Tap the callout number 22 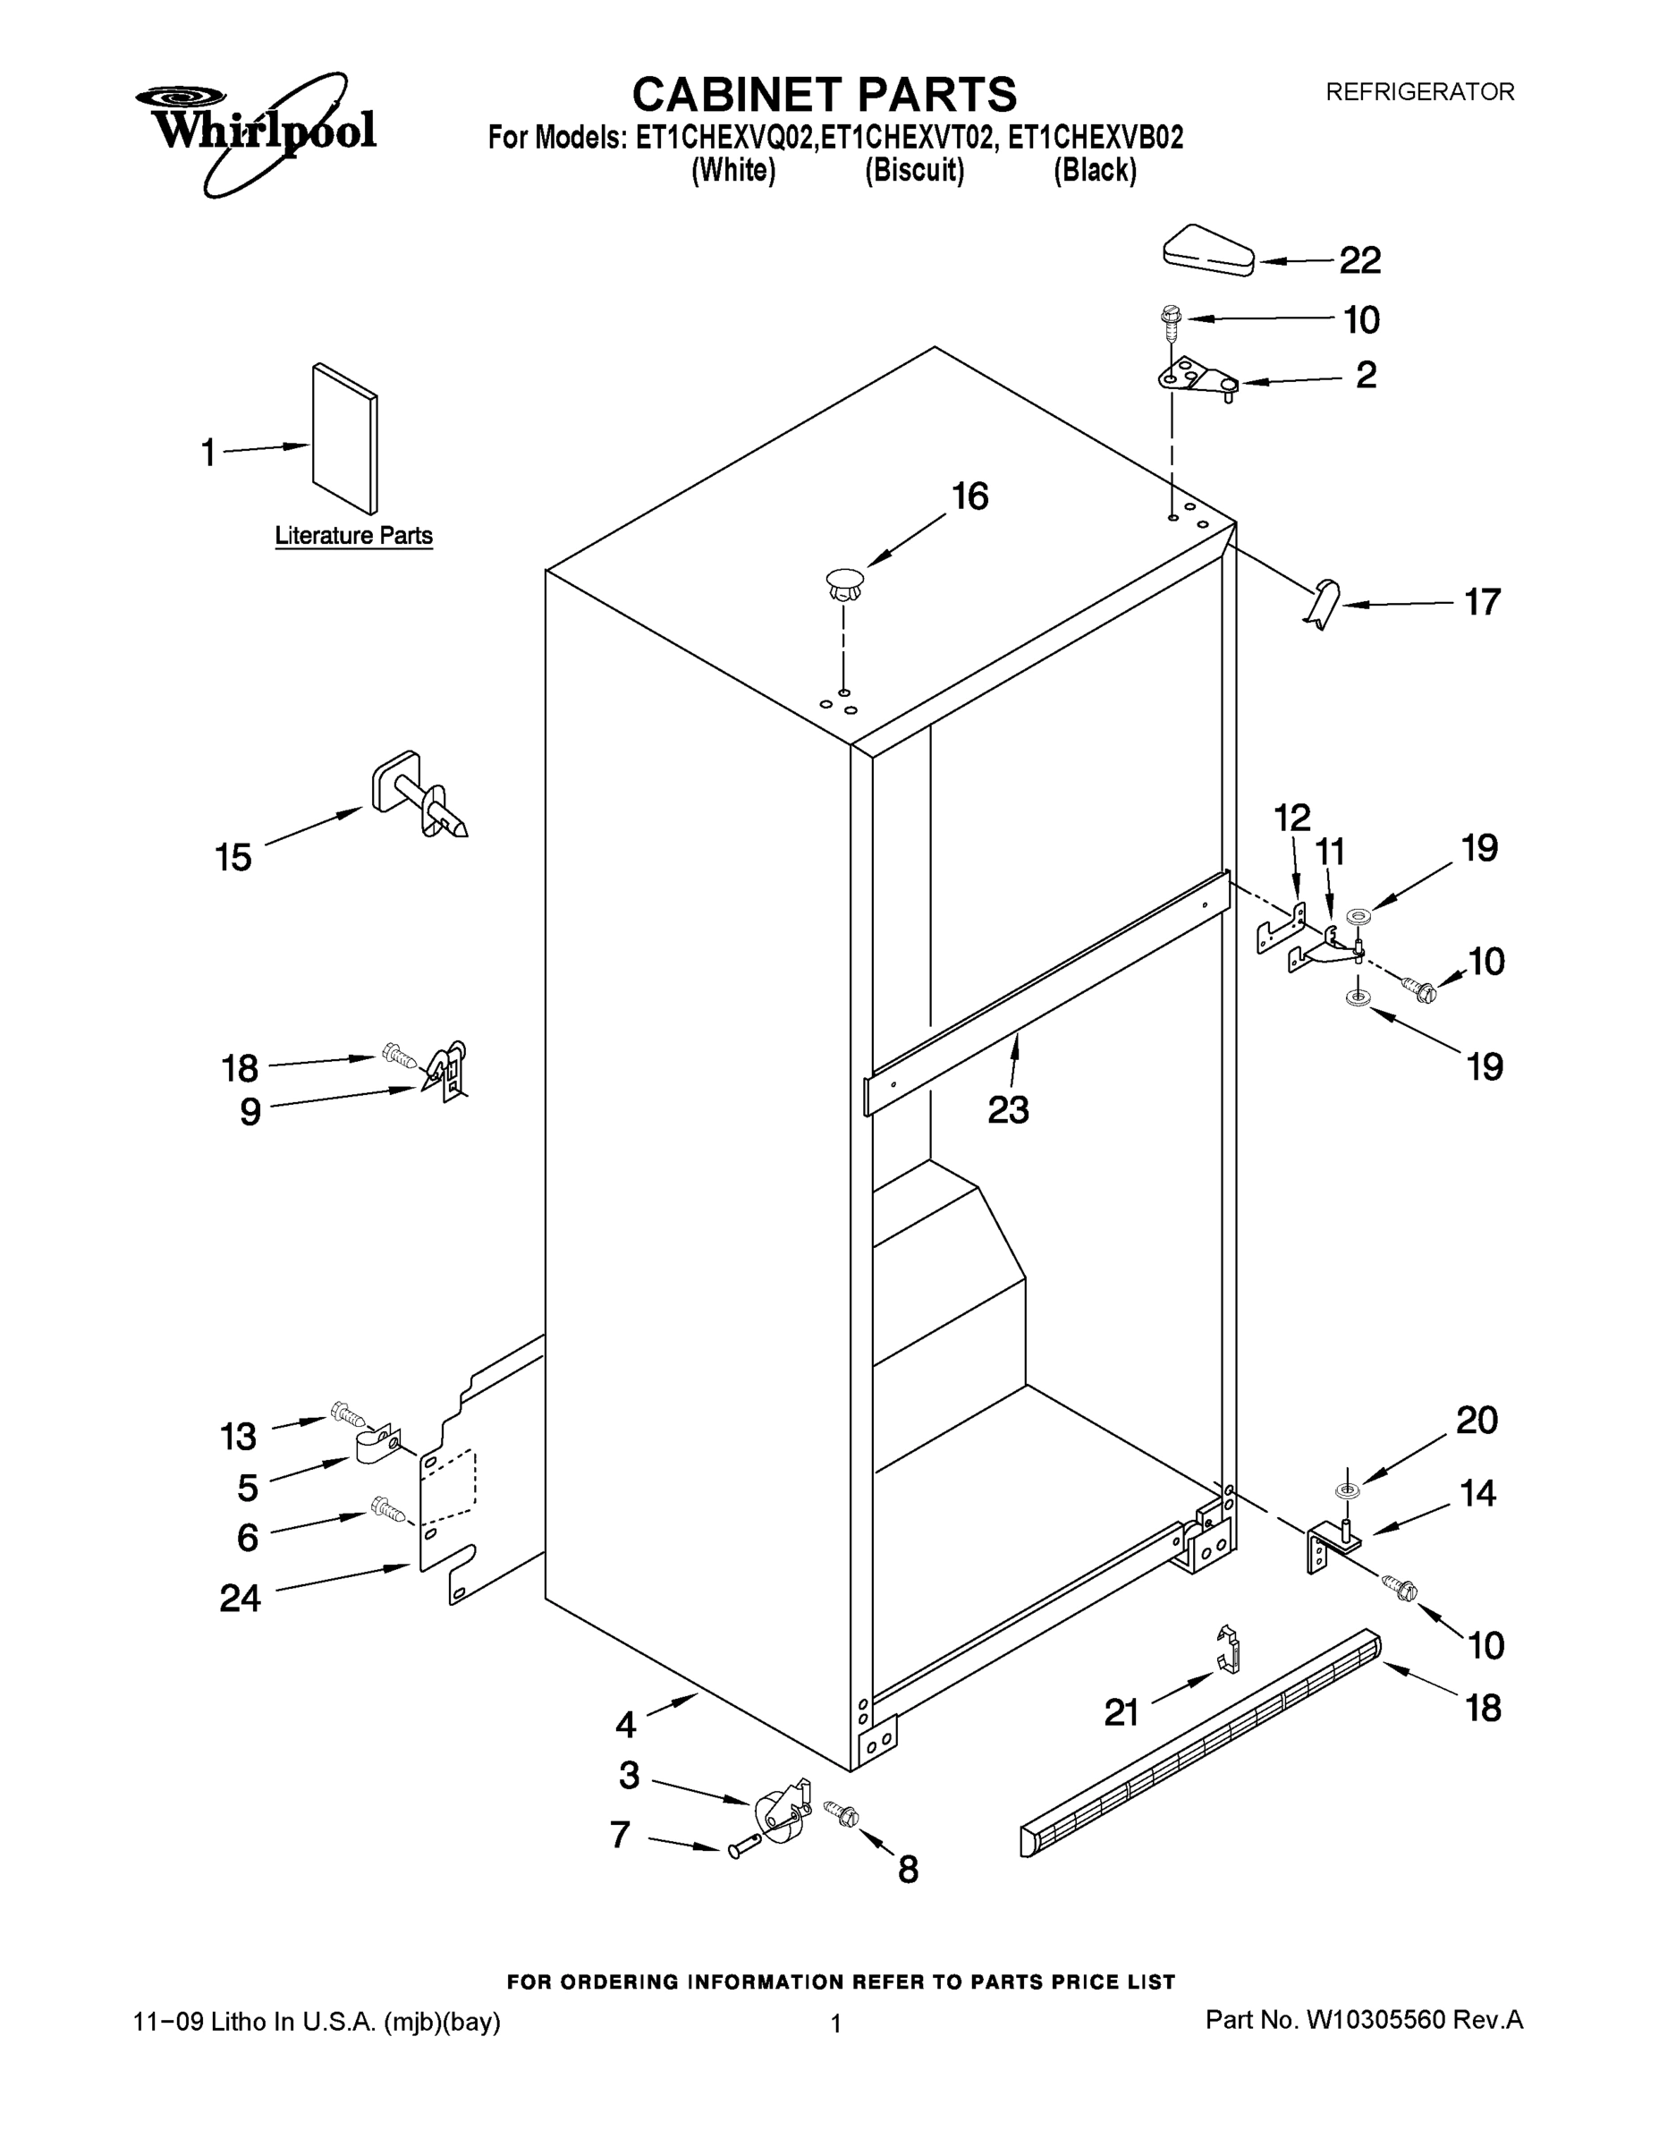[1360, 260]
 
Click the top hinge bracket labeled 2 [1198, 378]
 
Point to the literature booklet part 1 [344, 438]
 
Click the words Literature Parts [354, 536]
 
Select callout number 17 [1482, 602]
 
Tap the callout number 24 [240, 1599]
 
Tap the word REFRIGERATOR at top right [1419, 92]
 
